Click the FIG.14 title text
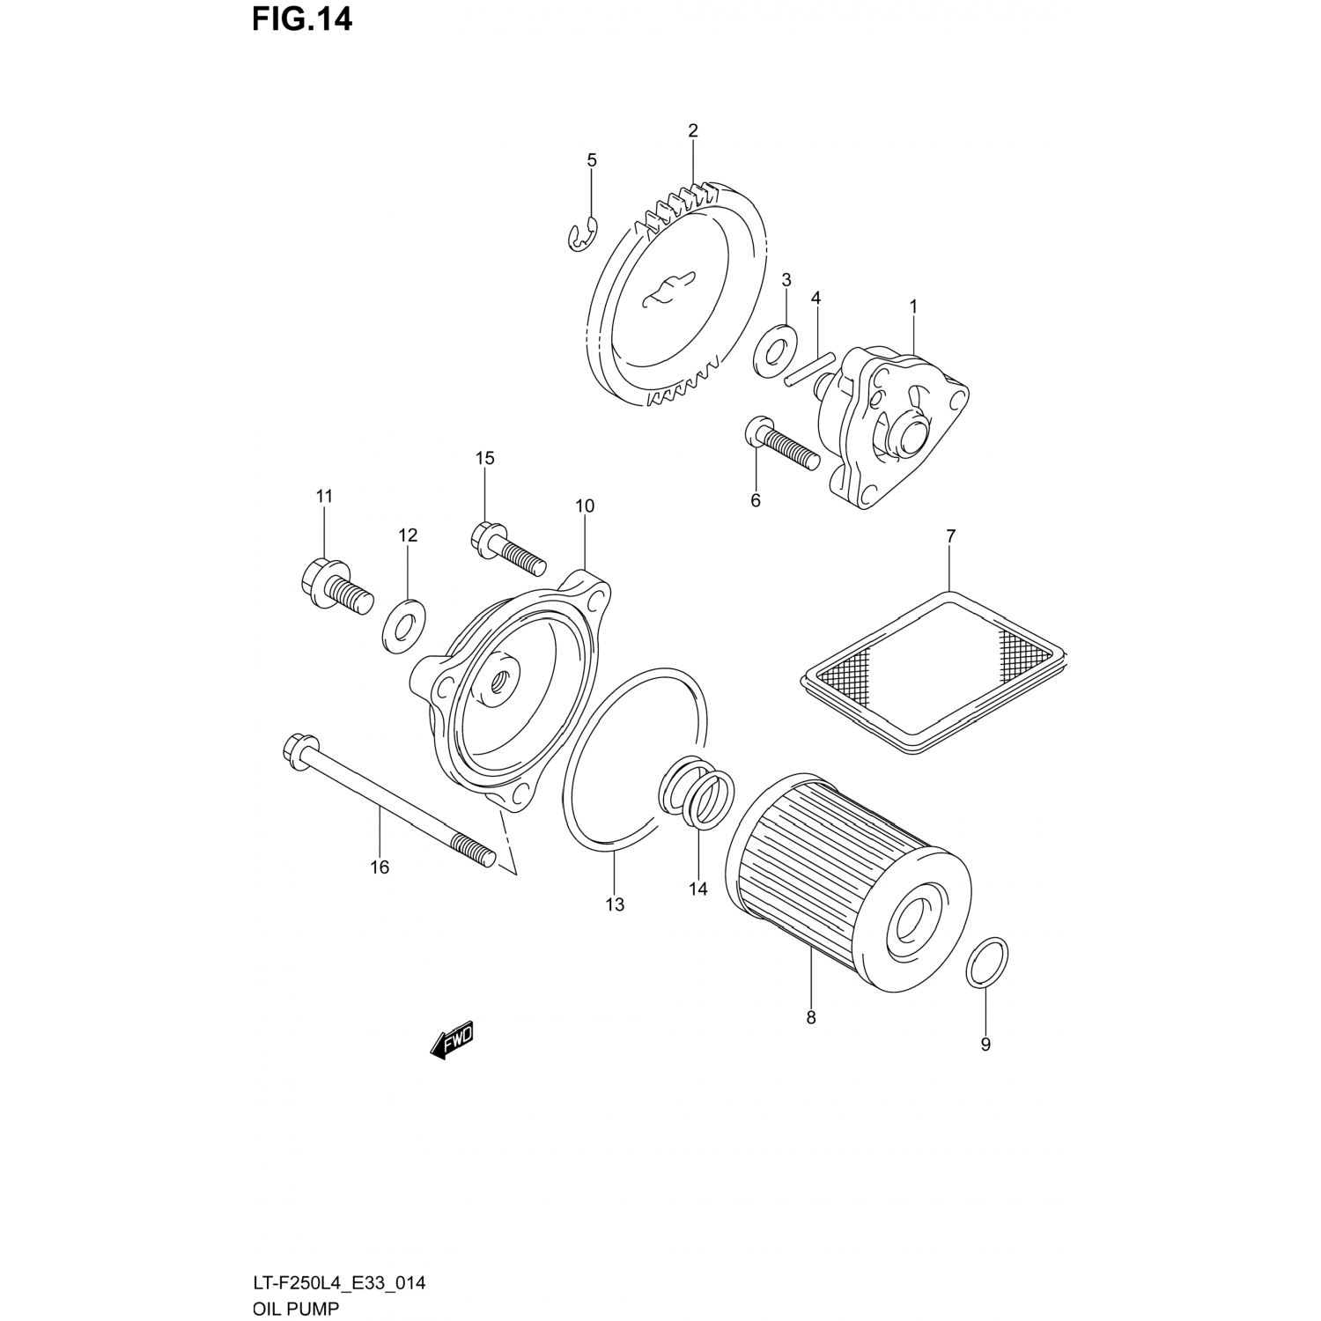coord(301,19)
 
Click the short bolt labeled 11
coord(335,587)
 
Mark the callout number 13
coord(615,904)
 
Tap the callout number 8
coord(811,1018)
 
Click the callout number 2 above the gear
coord(693,131)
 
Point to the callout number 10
coord(585,506)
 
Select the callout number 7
coord(950,535)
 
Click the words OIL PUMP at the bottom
coord(295,1308)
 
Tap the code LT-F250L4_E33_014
coord(339,1283)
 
